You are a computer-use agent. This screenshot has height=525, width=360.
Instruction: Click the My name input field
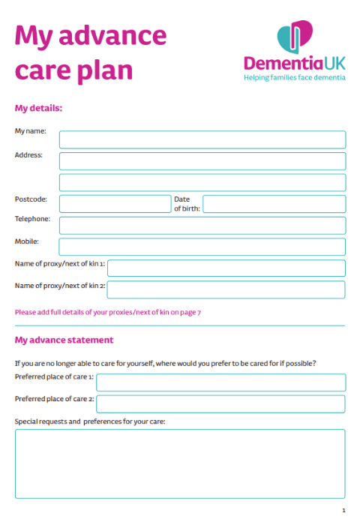(x=202, y=139)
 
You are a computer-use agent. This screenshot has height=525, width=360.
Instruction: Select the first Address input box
(x=202, y=161)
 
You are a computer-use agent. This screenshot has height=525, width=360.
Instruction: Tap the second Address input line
(x=202, y=182)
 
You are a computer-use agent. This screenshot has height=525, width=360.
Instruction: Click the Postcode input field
(x=115, y=204)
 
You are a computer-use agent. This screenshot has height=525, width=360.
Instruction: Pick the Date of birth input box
(x=274, y=204)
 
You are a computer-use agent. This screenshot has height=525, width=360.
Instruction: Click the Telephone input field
(x=202, y=225)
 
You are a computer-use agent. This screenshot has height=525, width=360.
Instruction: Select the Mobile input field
(x=202, y=247)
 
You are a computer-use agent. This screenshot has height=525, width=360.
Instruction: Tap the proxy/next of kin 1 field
(x=226, y=268)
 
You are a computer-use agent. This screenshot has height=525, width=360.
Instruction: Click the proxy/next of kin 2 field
(x=226, y=289)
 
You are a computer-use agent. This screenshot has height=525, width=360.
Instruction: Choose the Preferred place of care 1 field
(x=220, y=382)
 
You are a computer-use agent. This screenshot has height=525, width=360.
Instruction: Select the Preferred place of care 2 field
(x=220, y=403)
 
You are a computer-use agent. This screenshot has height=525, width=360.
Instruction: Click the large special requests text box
(x=180, y=463)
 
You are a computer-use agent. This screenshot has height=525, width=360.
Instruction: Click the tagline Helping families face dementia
(x=295, y=77)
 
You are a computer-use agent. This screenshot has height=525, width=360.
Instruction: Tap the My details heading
(x=38, y=108)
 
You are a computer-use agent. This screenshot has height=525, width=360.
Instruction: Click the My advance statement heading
(x=64, y=340)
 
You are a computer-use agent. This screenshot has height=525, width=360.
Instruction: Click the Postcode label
(x=31, y=199)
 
